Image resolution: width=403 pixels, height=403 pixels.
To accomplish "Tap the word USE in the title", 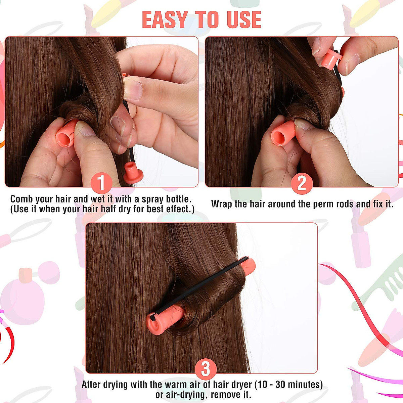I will (244, 20).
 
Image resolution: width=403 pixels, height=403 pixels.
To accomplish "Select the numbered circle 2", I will (302, 183).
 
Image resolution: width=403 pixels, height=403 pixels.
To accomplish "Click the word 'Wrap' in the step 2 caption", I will (222, 204).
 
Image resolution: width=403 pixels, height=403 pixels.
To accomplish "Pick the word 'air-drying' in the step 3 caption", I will (186, 394).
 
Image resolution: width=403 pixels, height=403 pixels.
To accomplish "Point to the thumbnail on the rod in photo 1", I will (84, 129).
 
